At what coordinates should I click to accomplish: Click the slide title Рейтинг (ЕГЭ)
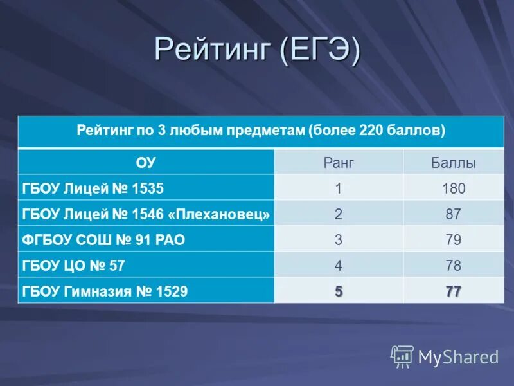coord(257,50)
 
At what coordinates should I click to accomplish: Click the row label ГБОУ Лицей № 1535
coord(93,188)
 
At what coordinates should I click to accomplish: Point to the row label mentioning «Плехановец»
coord(146,214)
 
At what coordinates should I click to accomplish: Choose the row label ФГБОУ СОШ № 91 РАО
coord(103,240)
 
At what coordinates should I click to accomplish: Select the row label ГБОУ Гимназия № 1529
coord(105,291)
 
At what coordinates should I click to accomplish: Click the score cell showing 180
coord(453,188)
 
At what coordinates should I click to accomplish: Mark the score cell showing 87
coord(453,214)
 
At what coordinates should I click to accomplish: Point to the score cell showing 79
coord(453,240)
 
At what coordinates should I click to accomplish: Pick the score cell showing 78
coord(453,266)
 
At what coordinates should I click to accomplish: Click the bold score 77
coord(453,291)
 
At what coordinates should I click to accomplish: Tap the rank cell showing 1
coord(339,188)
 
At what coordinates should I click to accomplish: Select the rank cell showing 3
coord(339,240)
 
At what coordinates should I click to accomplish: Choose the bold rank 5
coord(339,291)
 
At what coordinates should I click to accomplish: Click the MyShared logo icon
coord(402,356)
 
